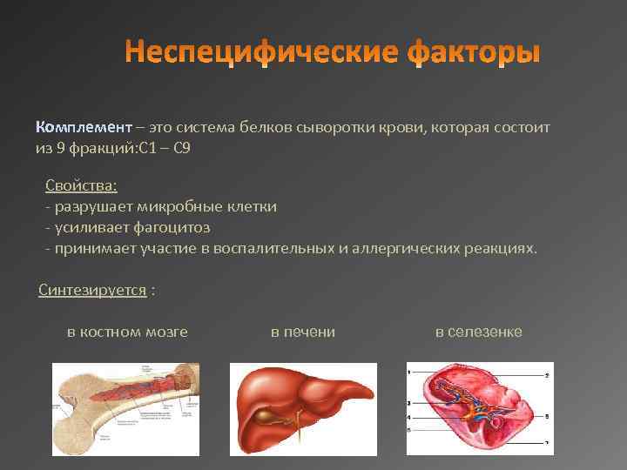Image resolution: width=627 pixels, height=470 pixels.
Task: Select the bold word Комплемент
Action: click(84, 127)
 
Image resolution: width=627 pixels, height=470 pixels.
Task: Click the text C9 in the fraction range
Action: click(181, 148)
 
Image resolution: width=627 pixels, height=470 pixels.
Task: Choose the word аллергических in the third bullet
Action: click(398, 248)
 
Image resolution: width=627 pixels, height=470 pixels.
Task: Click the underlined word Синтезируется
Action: click(92, 290)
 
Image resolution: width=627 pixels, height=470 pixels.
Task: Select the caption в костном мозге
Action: click(127, 332)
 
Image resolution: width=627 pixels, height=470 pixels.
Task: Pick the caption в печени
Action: click(303, 332)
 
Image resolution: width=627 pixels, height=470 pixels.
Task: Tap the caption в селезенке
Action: click(478, 332)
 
